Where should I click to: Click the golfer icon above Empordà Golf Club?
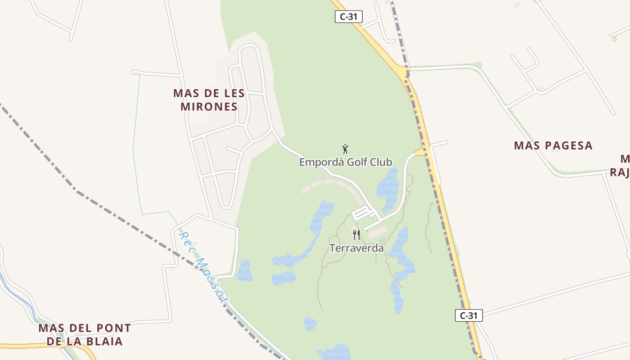pos(345,149)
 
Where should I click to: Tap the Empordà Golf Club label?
pos(346,162)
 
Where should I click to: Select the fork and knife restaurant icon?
pos(356,234)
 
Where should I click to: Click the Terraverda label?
pos(356,248)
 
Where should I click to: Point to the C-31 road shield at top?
pos(349,17)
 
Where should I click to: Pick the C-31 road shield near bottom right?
pos(468,315)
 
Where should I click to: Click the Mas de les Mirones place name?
pos(209,100)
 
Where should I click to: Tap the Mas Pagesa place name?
pos(553,145)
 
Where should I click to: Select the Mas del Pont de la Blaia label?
pos(85,334)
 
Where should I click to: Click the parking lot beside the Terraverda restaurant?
pos(362,213)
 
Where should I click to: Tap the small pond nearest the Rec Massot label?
pos(245,271)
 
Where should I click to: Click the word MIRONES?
pos(209,107)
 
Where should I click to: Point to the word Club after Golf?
pos(381,162)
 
